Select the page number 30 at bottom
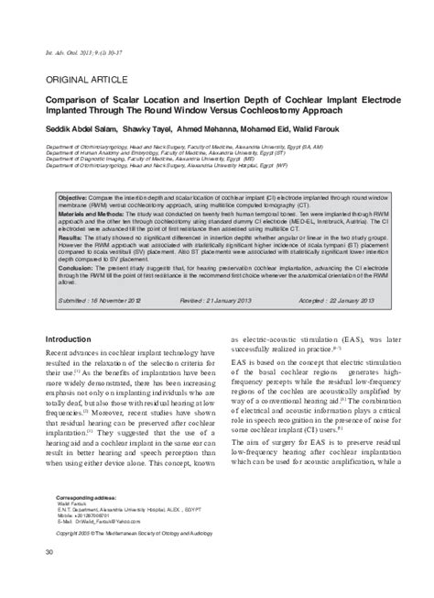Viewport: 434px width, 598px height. (x=50, y=575)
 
